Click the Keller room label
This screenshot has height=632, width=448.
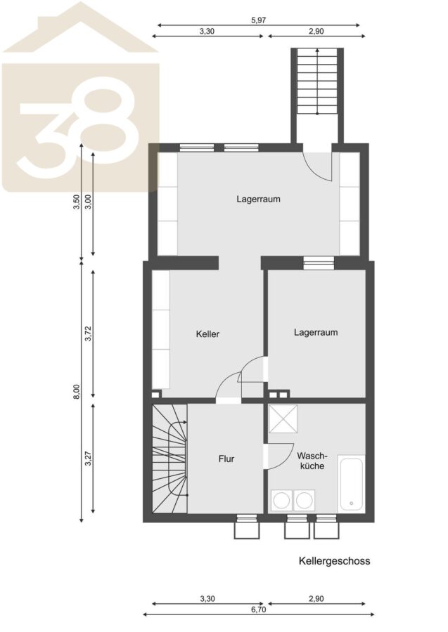point(207,334)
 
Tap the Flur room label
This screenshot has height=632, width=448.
point(226,459)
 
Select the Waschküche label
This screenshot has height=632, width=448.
point(312,461)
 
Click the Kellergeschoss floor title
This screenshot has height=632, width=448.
point(334,560)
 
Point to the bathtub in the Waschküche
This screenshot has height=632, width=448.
point(351,484)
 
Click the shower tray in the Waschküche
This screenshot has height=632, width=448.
point(283,419)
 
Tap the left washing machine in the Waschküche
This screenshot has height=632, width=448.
point(281,501)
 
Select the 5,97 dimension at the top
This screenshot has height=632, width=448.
point(258,20)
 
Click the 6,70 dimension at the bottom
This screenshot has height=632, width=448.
point(258,610)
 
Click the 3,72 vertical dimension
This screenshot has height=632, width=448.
point(89,334)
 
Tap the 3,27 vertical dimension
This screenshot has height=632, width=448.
point(89,458)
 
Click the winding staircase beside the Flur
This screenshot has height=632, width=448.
point(169,459)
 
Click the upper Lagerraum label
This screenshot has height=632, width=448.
point(258,199)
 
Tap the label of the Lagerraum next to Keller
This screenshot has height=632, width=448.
point(316,333)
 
